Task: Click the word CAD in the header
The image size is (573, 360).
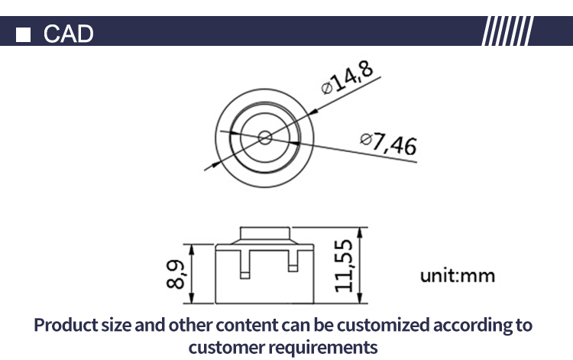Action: tap(68, 34)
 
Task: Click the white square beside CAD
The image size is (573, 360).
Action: tap(25, 34)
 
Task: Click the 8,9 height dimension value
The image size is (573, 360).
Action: tap(176, 274)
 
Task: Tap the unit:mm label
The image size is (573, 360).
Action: tap(458, 275)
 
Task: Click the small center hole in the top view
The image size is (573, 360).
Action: tap(265, 137)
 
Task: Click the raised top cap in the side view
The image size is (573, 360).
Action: tap(265, 233)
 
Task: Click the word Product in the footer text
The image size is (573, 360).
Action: tap(67, 325)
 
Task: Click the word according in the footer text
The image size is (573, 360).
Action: tap(471, 325)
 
